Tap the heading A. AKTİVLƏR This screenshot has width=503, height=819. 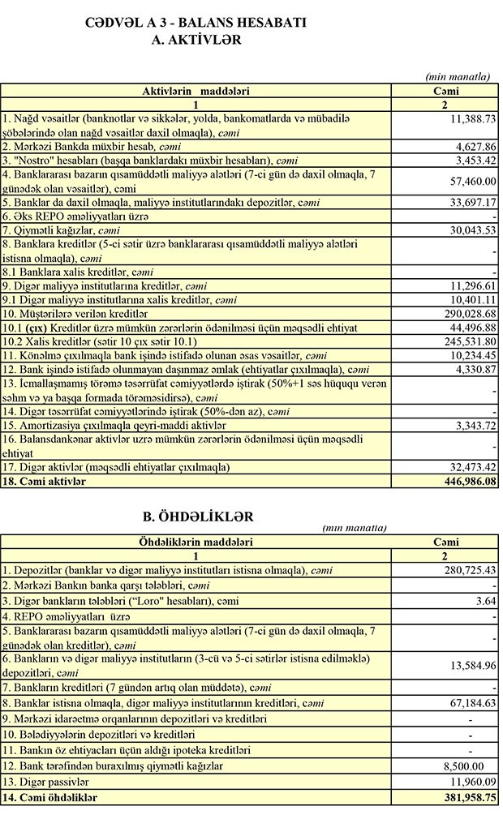pos(196,39)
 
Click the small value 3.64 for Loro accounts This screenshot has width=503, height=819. pos(484,600)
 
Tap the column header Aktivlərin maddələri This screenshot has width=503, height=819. pos(196,91)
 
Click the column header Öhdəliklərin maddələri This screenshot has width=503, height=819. pos(196,542)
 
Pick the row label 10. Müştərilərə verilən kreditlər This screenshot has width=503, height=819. pos(75,313)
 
